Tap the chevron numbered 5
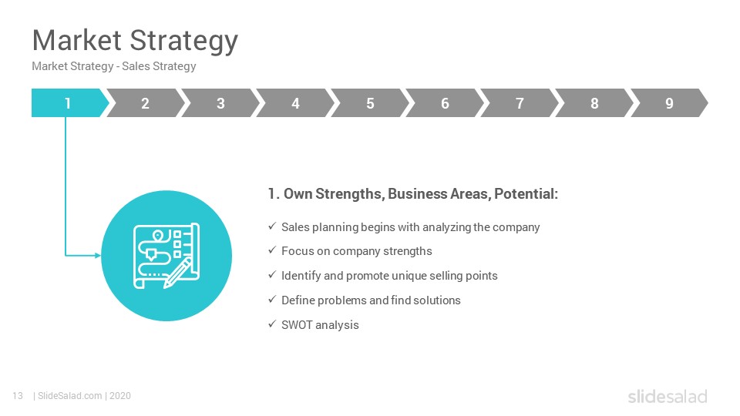click(x=370, y=102)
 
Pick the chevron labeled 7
click(x=520, y=102)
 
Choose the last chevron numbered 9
click(x=669, y=102)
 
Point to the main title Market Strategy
click(x=135, y=41)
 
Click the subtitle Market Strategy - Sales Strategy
click(x=114, y=66)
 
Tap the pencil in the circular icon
click(x=177, y=273)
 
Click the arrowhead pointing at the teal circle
click(x=98, y=256)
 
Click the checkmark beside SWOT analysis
click(x=272, y=324)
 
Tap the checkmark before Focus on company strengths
click(x=272, y=250)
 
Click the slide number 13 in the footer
click(x=18, y=396)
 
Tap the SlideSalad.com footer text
click(x=70, y=396)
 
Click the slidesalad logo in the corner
click(x=668, y=396)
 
